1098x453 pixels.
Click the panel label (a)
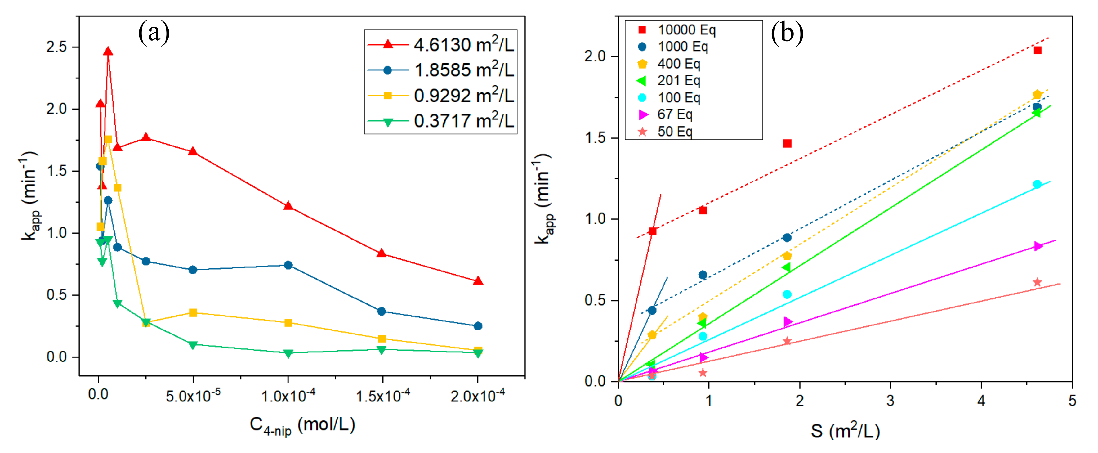[154, 33]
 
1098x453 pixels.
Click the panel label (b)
[787, 33]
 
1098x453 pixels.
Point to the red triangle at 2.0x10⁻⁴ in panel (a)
[478, 281]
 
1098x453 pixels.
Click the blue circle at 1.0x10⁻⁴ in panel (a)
[288, 265]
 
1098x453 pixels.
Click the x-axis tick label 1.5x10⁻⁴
[382, 396]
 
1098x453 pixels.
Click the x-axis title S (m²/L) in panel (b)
[845, 431]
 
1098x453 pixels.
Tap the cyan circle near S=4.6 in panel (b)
[1037, 184]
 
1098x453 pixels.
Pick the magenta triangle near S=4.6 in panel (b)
[1038, 246]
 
